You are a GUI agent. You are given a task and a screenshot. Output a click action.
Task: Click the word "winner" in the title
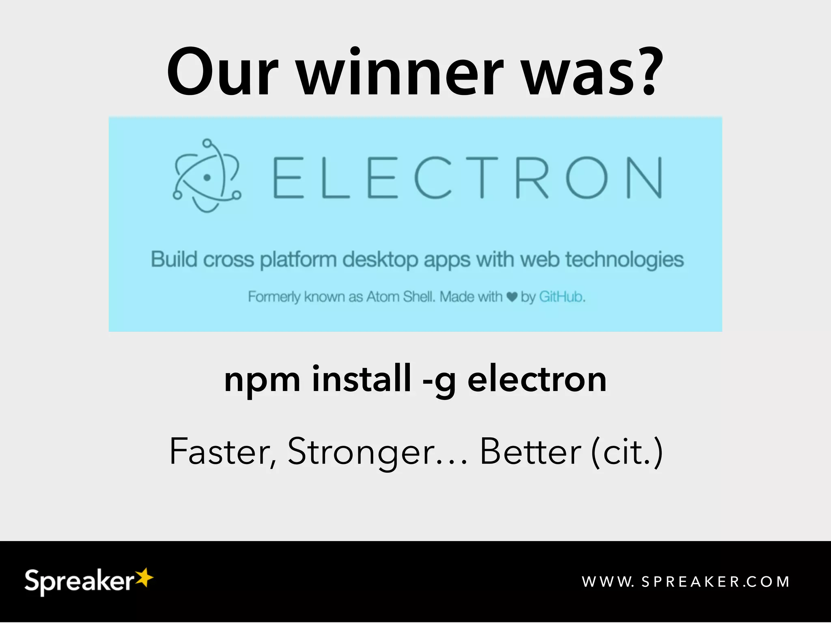click(x=400, y=73)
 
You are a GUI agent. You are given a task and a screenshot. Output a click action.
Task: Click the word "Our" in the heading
click(x=222, y=73)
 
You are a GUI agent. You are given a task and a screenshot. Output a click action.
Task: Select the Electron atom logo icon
click(x=207, y=176)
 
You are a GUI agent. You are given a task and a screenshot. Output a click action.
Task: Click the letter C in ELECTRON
click(x=433, y=178)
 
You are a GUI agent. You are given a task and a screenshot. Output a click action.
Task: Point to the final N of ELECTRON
click(x=644, y=178)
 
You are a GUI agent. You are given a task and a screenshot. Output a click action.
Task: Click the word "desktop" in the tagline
click(x=380, y=260)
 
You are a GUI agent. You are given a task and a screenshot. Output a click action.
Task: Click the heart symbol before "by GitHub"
click(x=512, y=297)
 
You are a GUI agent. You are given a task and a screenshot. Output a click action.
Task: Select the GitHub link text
click(x=561, y=297)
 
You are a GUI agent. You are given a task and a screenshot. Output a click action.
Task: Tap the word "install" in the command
click(x=361, y=378)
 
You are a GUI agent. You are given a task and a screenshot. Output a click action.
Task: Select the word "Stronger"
click(x=361, y=452)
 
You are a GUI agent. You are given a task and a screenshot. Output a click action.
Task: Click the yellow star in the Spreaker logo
click(x=144, y=577)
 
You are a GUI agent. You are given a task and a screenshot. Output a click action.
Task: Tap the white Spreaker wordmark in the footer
click(x=79, y=581)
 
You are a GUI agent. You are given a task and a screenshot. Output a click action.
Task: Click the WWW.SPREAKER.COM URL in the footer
click(x=686, y=582)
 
